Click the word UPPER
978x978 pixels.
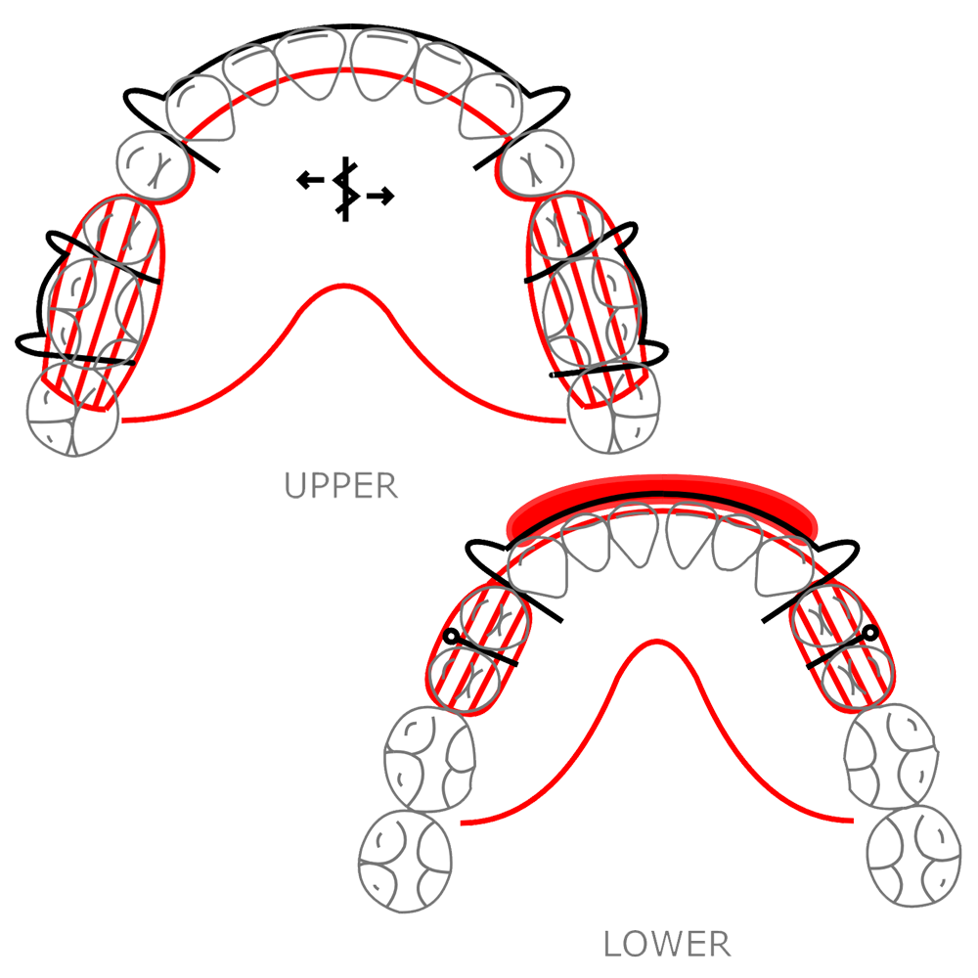341,485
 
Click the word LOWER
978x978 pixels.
666,944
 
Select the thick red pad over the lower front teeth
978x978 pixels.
662,500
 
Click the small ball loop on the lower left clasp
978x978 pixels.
450,638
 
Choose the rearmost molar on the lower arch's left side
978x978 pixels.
406,858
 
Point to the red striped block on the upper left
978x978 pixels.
100,302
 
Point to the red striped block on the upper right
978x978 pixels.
587,298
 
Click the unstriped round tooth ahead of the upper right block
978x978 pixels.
539,160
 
